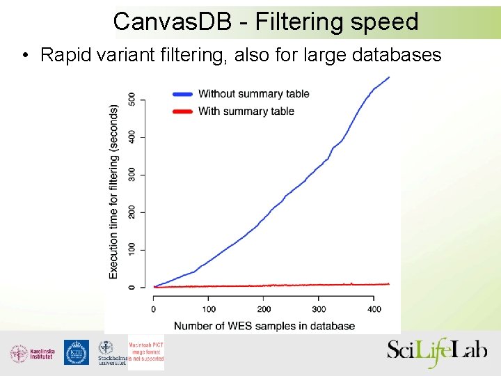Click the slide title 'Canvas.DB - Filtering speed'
[x=266, y=22]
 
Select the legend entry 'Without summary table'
[x=253, y=93]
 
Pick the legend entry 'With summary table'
[x=246, y=111]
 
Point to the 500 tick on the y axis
[x=132, y=100]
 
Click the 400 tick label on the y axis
[x=132, y=137]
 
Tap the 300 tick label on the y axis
[x=132, y=175]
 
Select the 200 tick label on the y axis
[x=132, y=212]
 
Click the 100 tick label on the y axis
[x=132, y=249]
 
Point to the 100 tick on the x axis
[x=209, y=308]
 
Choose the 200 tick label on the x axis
[x=264, y=308]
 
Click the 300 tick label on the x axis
[x=319, y=308]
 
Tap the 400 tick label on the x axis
[x=374, y=308]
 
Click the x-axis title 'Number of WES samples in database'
[x=264, y=326]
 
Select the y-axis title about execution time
[x=113, y=192]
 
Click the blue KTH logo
[x=77, y=352]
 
